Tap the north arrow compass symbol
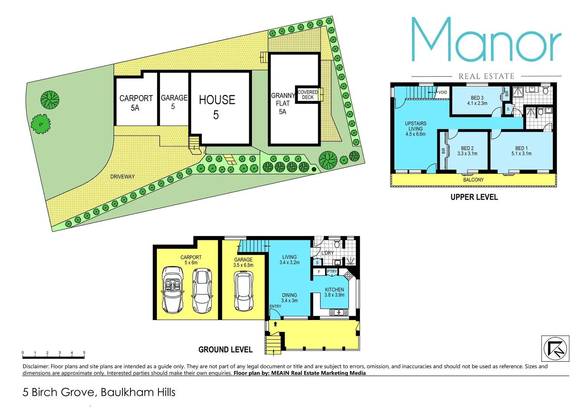(x=555, y=348)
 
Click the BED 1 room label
(x=521, y=151)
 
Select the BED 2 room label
(x=467, y=151)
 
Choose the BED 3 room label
(x=477, y=101)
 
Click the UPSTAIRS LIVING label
(x=415, y=128)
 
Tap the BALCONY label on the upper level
(x=473, y=180)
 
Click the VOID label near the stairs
(x=443, y=92)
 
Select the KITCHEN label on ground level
(x=334, y=292)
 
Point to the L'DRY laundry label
(x=327, y=253)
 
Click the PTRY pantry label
(x=332, y=272)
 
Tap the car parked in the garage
(x=243, y=291)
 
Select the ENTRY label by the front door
(x=275, y=306)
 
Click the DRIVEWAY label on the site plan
(x=123, y=177)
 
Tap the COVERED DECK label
(x=307, y=95)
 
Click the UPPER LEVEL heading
(x=474, y=197)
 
